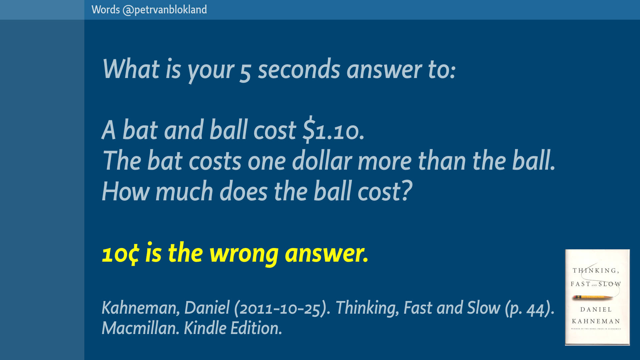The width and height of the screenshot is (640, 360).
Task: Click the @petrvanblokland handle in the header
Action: (165, 10)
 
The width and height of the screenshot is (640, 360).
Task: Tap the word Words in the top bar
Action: (106, 10)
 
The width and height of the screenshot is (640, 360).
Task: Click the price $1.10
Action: (333, 130)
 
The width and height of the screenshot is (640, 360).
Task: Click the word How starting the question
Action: (126, 191)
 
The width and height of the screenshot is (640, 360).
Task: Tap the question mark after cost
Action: (407, 191)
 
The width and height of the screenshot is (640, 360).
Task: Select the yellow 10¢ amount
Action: (121, 254)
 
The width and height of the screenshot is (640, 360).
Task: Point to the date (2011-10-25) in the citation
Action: (282, 308)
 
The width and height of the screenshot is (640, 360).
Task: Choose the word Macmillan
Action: (140, 328)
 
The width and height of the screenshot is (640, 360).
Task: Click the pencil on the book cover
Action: (593, 297)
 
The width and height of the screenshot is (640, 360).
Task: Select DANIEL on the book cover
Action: (596, 310)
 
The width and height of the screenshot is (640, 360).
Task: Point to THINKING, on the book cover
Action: (596, 271)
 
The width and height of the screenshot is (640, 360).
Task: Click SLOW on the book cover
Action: (610, 284)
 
